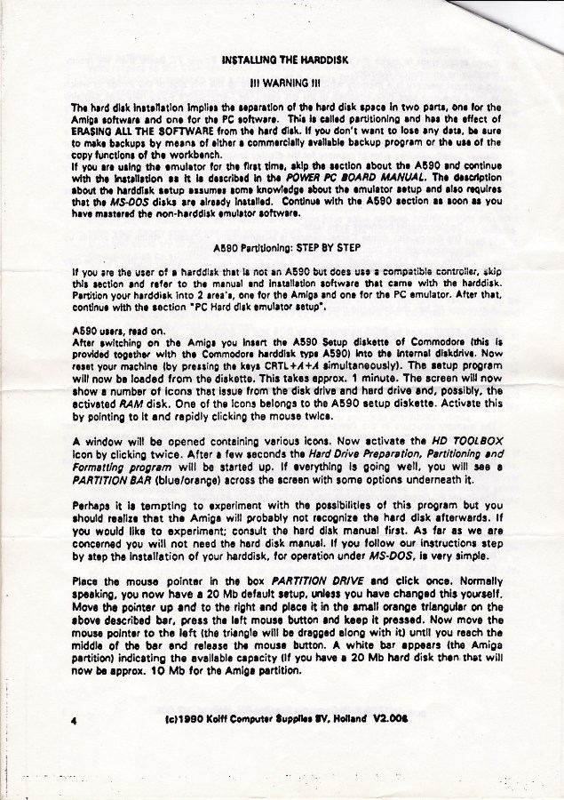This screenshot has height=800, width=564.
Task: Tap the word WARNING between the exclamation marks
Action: pyautogui.click(x=285, y=86)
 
